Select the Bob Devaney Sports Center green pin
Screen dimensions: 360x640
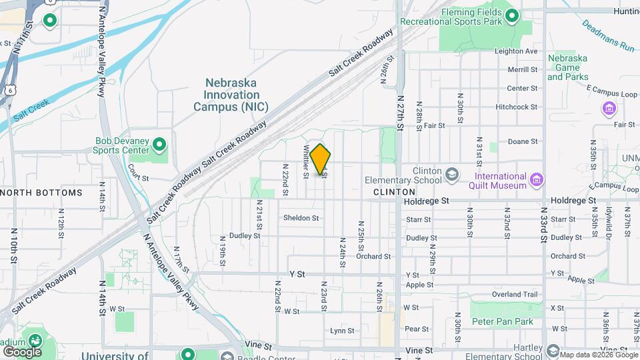(x=159, y=144)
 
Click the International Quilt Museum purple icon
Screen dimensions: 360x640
(x=537, y=180)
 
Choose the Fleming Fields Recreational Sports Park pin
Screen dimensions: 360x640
(x=512, y=17)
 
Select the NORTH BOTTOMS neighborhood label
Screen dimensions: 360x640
(x=41, y=193)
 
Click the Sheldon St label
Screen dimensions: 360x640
(x=301, y=218)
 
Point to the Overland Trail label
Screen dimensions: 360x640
(x=514, y=294)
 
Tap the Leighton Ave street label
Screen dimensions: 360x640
(x=515, y=51)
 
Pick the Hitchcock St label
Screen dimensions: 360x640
(x=516, y=107)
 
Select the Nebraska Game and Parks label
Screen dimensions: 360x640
(x=567, y=67)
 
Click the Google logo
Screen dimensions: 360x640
(x=22, y=351)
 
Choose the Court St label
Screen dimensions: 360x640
(x=137, y=178)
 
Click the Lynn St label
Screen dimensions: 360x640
(x=342, y=331)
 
